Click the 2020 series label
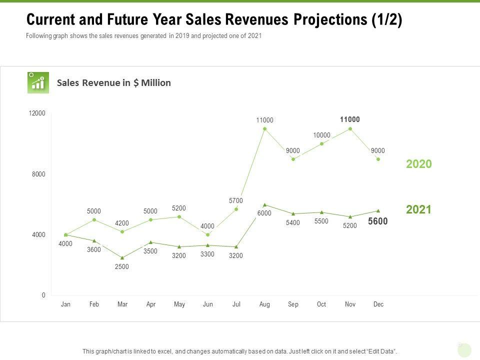[418, 164]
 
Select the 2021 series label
[418, 209]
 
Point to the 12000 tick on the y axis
[38, 113]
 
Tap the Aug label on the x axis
[264, 304]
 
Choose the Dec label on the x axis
[378, 304]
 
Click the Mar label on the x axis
[122, 304]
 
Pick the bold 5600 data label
[378, 221]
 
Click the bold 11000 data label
[349, 119]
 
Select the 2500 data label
[122, 266]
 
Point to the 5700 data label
[236, 200]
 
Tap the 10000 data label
[321, 135]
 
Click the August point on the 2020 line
[264, 128]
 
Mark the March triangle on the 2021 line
[122, 258]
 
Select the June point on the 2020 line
[207, 234]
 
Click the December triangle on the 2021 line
[378, 210]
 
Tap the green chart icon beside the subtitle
[38, 82]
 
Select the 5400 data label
[293, 222]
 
